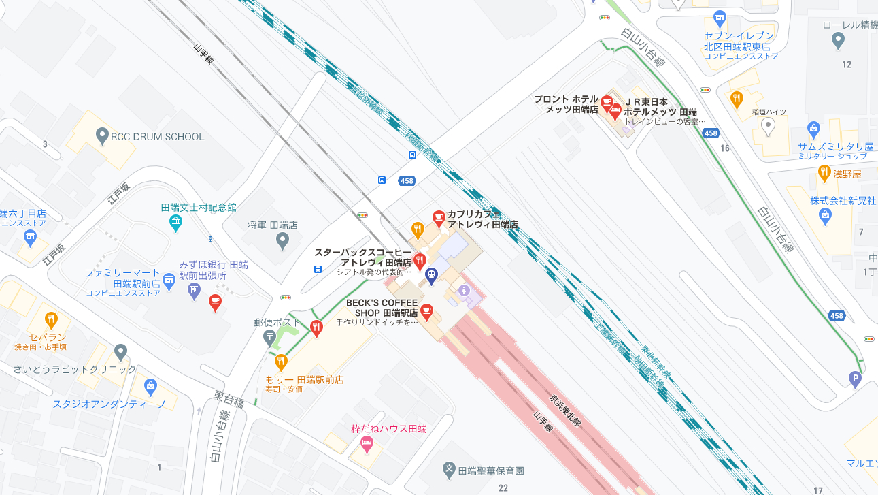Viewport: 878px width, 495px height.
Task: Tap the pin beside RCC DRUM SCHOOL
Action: pos(103,135)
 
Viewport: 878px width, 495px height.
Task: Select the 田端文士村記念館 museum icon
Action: pos(175,221)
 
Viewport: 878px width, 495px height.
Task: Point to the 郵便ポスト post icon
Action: pos(270,336)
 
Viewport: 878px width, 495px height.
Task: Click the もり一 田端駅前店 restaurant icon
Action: pos(281,362)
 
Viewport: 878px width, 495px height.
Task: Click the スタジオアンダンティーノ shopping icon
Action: pos(150,386)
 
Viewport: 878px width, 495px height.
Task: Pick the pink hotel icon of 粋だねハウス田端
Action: pos(366,445)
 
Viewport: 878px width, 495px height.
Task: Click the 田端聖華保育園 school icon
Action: pos(449,470)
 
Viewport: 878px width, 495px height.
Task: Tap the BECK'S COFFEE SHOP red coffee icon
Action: pos(426,311)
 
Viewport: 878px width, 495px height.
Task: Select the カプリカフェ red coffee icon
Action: pos(439,218)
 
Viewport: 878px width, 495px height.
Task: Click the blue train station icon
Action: pos(430,274)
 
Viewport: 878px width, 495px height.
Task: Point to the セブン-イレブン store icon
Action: pos(720,18)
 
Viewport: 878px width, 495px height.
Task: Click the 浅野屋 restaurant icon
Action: pos(824,173)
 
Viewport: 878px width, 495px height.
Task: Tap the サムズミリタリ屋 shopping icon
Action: pos(813,128)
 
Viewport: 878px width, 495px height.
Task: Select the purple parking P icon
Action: pos(855,377)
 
